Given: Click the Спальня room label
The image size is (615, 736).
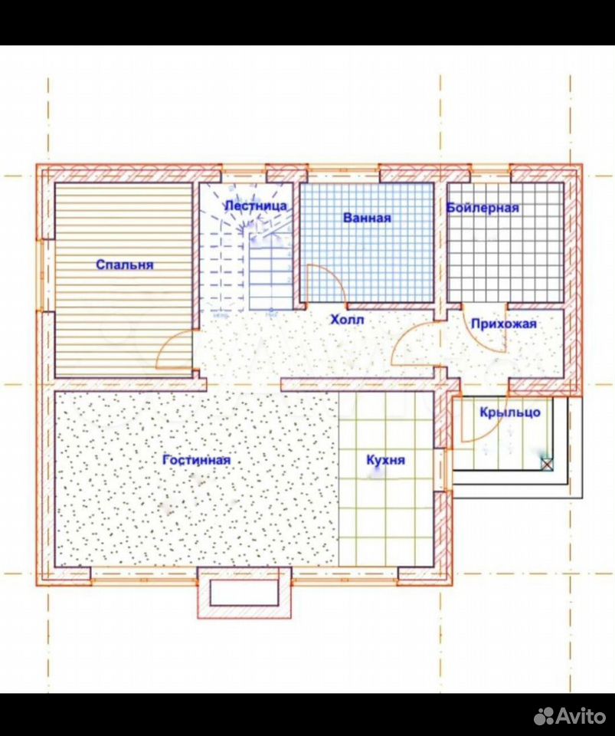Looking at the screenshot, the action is (x=125, y=265).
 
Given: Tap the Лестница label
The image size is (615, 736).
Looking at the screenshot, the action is (x=256, y=205).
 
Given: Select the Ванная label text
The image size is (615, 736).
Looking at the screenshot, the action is (x=367, y=218).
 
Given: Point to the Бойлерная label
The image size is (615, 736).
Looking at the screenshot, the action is (x=483, y=208).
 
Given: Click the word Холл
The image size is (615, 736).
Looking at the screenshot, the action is (x=348, y=320).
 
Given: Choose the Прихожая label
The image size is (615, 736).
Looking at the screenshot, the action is (x=504, y=324).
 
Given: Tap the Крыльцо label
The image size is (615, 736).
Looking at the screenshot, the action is (x=510, y=412).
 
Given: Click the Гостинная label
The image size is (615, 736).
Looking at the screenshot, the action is (x=196, y=460).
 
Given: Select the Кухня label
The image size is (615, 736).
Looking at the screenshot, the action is (x=385, y=460).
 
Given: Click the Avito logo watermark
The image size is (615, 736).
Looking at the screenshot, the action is (x=570, y=715).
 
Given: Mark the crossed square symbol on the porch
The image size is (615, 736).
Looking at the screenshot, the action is (x=547, y=465).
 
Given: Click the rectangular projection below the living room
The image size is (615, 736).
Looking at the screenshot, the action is (x=244, y=593).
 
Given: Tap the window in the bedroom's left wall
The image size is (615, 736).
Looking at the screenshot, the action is (x=40, y=275).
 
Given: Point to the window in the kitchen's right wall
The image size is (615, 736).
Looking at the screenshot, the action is (x=447, y=470).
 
